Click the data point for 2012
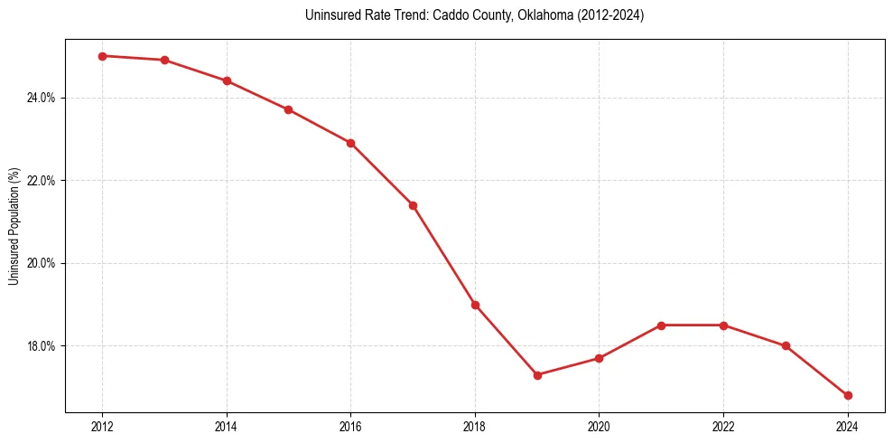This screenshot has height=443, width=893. click(103, 56)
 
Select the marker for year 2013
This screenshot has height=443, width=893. click(164, 60)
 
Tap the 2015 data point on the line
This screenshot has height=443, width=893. click(289, 109)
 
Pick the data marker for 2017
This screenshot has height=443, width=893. click(413, 205)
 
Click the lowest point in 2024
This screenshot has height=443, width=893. click(848, 395)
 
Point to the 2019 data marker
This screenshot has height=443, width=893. click(537, 374)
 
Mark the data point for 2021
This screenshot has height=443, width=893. click(661, 325)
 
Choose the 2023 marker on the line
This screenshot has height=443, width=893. click(786, 345)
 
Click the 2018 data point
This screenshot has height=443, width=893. click(475, 305)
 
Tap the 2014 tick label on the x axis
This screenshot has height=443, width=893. click(227, 427)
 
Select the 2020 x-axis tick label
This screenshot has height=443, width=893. click(600, 427)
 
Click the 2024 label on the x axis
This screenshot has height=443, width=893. click(848, 427)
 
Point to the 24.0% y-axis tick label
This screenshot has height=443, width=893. click(42, 98)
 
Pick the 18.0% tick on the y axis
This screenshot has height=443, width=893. click(42, 346)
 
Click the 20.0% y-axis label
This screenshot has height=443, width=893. click(42, 263)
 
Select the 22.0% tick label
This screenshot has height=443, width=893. click(42, 181)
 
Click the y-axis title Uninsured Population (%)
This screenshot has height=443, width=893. click(14, 226)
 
